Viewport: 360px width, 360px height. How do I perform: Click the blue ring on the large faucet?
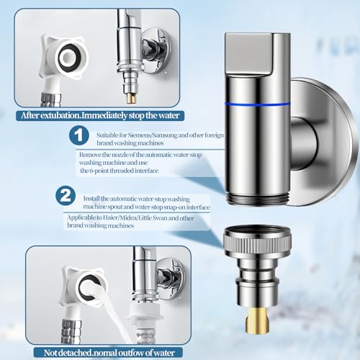(x=268, y=102)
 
